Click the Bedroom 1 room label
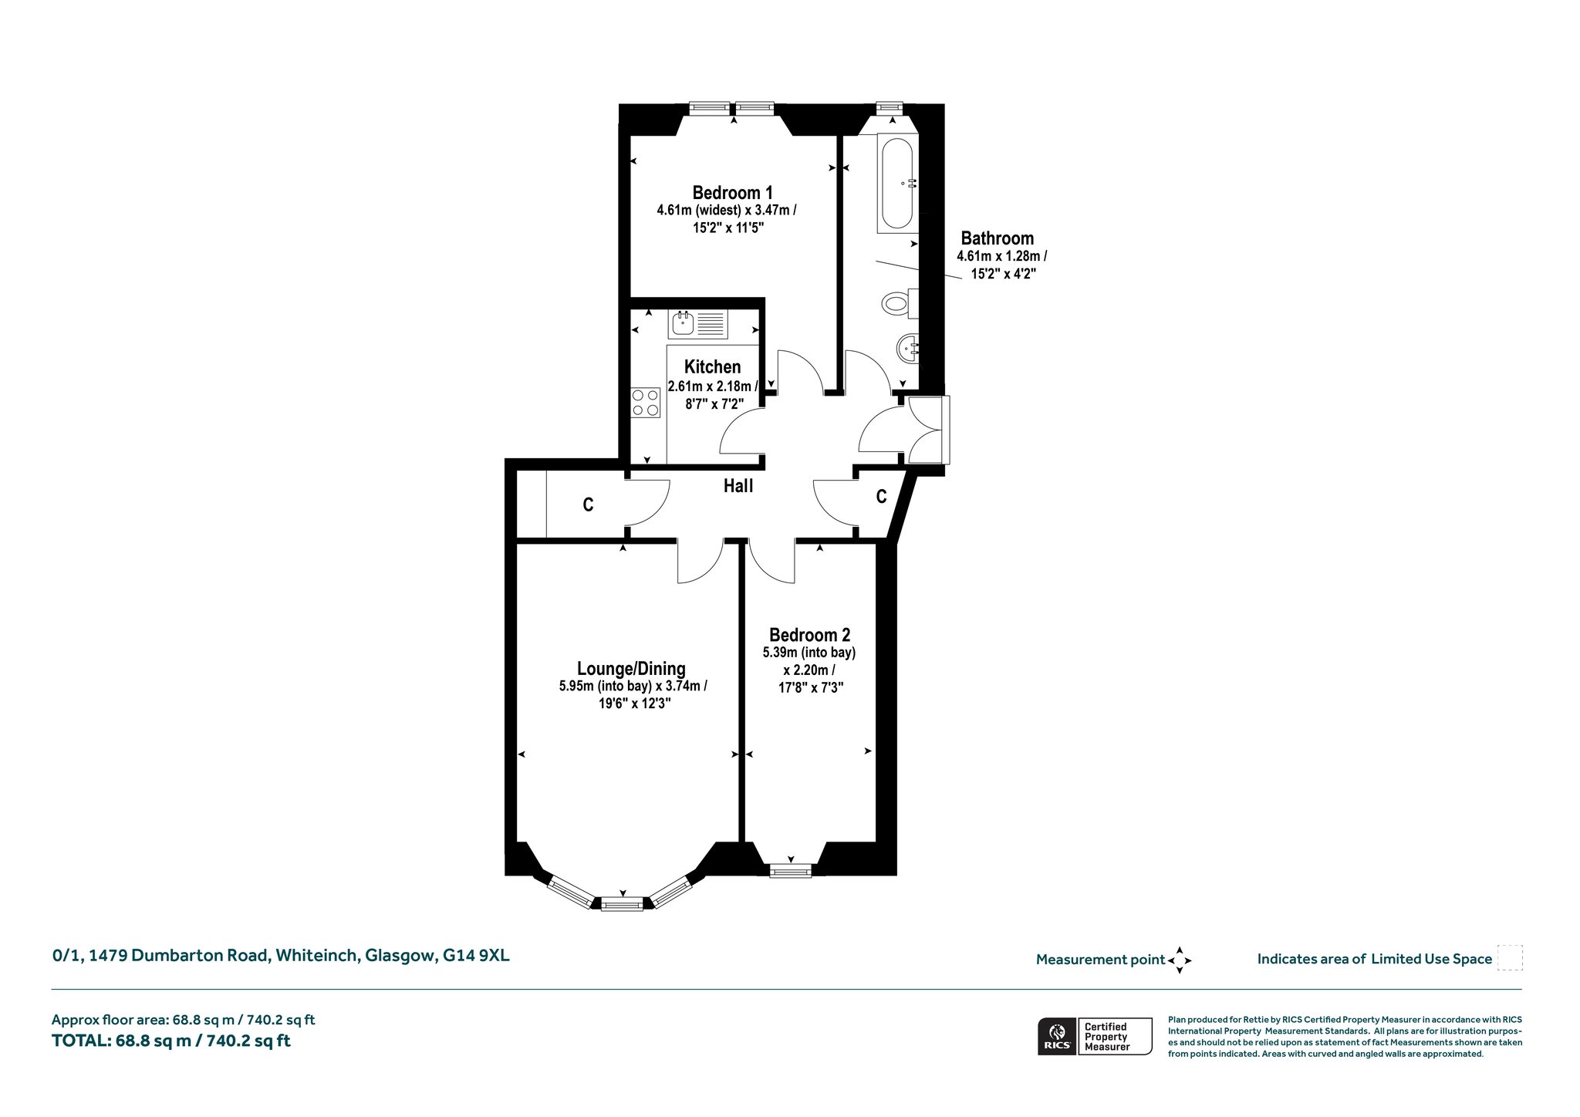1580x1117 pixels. pyautogui.click(x=732, y=192)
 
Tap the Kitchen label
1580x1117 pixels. pyautogui.click(x=712, y=367)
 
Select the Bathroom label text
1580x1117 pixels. pyautogui.click(x=997, y=238)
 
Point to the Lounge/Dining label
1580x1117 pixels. pyautogui.click(x=631, y=669)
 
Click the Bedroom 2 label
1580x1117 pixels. pyautogui.click(x=809, y=635)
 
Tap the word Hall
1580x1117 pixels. pyautogui.click(x=738, y=486)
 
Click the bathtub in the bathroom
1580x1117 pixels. pyautogui.click(x=896, y=184)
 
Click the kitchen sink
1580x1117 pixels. pyautogui.click(x=697, y=324)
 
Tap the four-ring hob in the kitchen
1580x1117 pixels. pyautogui.click(x=646, y=402)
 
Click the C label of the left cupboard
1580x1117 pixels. pyautogui.click(x=588, y=505)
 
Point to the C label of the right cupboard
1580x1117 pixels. pyautogui.click(x=881, y=497)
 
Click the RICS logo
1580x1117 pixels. pyautogui.click(x=1057, y=1036)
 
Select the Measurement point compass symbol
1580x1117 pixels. pyautogui.click(x=1180, y=960)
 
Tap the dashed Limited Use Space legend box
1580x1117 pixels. pyautogui.click(x=1510, y=958)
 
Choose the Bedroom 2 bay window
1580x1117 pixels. pyautogui.click(x=791, y=871)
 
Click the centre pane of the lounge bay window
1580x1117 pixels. pyautogui.click(x=622, y=904)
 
